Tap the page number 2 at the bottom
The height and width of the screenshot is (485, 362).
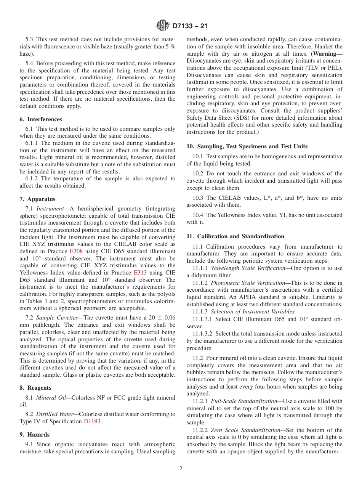[181, 469]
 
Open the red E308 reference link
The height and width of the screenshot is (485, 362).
[76, 251]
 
